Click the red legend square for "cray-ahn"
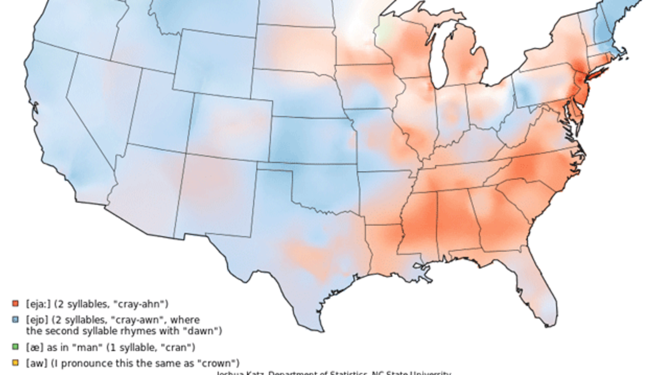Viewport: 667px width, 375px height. [15, 303]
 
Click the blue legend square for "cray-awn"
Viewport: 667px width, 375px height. [15, 319]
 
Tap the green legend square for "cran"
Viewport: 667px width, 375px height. [15, 347]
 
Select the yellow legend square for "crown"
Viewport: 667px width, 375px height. [15, 363]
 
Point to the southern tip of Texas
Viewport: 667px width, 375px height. [315, 329]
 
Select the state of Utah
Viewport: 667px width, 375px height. [159, 114]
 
